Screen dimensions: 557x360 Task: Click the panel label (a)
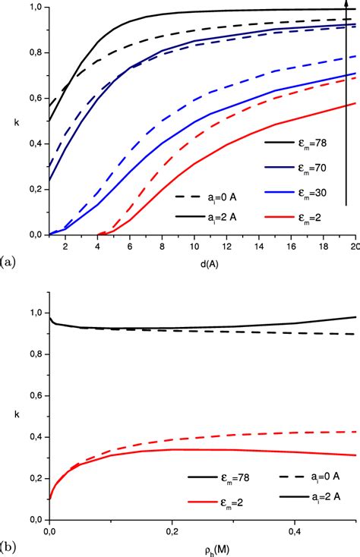(7, 263)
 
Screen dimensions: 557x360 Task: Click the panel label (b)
(7, 544)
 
